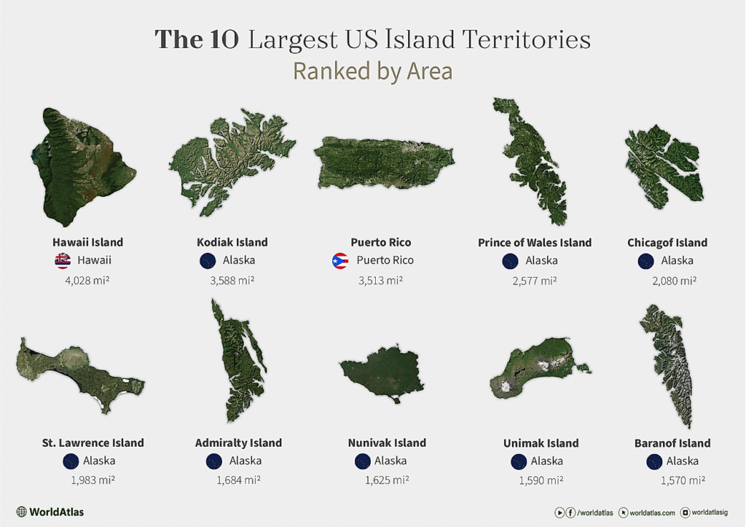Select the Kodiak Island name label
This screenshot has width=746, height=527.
pos(232,242)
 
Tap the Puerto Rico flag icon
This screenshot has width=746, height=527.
pos(339,261)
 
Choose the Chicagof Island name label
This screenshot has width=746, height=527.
pos(667,242)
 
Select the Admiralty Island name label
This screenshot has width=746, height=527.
pos(238,442)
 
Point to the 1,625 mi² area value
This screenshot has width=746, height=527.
pos(386,480)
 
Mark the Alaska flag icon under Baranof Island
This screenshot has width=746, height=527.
pos(654,461)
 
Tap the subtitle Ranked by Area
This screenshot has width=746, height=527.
pos(372,71)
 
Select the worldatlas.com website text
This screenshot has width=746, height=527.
pos(653,512)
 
